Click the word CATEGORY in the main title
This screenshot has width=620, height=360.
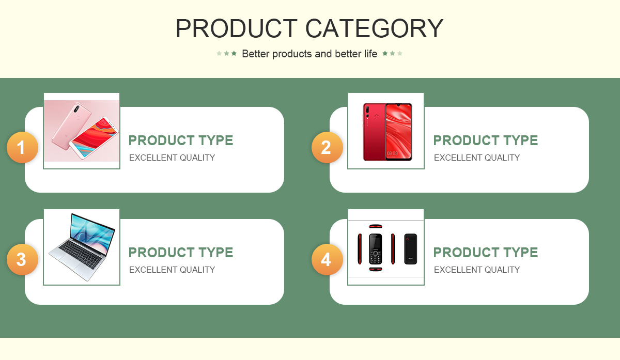374,28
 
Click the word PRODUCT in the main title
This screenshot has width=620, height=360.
237,28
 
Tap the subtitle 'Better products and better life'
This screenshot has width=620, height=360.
309,54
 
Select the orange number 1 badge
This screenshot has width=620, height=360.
22,147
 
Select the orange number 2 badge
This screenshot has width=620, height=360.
327,147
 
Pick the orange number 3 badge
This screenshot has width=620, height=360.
22,260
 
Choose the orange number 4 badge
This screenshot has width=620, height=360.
327,260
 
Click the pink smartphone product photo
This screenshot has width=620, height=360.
82,131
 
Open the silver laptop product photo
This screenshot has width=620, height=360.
82,247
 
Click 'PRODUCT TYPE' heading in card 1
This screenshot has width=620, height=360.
181,140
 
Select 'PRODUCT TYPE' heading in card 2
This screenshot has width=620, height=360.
486,140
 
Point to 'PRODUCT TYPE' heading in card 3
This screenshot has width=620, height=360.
181,253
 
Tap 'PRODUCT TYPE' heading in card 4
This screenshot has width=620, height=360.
486,253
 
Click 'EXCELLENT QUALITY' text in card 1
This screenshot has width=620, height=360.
172,158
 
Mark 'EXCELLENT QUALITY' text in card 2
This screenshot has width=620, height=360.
476,158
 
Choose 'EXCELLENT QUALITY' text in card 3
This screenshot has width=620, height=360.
172,270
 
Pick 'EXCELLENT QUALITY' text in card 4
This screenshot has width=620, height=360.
476,270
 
